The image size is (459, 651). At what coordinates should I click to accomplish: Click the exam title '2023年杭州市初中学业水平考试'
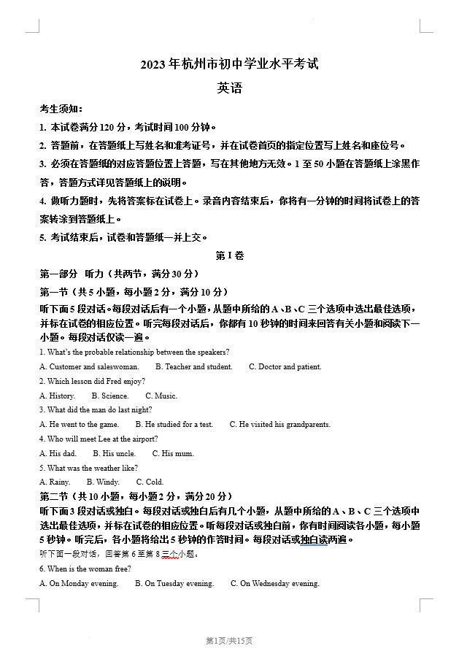tap(229, 65)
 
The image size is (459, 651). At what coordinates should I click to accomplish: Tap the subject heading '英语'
tap(229, 89)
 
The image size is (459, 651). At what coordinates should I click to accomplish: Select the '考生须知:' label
tap(61, 109)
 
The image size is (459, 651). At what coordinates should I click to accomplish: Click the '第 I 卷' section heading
tap(229, 255)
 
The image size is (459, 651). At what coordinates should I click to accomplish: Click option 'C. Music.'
tap(161, 396)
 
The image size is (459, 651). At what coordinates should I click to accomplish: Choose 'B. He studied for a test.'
tap(174, 424)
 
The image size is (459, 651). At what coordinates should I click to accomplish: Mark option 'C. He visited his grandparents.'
tap(279, 424)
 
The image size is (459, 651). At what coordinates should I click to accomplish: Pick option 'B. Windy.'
tap(103, 482)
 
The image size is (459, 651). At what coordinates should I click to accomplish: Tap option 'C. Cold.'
tap(150, 482)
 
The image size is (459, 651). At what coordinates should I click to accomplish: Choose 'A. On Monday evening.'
tap(79, 583)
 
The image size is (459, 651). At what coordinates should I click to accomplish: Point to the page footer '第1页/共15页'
tap(229, 641)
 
